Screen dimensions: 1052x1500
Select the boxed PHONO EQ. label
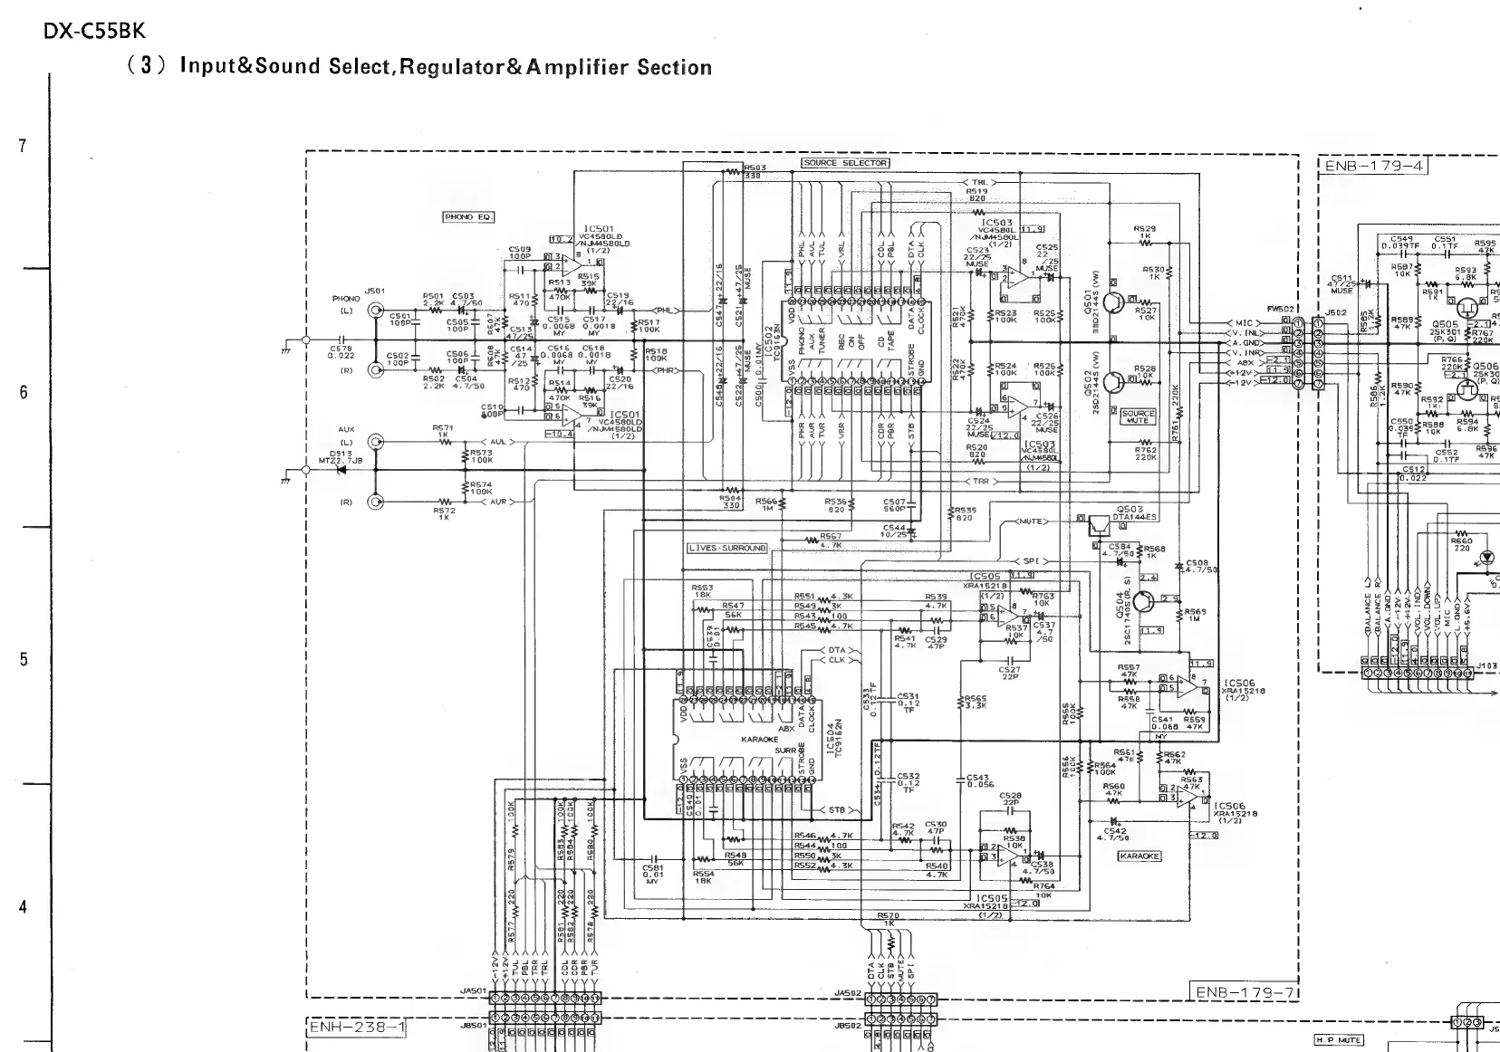tap(468, 217)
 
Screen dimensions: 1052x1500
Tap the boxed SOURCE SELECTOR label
tap(845, 163)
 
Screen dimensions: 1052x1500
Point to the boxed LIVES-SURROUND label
tap(727, 549)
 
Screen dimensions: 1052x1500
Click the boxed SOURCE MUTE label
tap(1139, 416)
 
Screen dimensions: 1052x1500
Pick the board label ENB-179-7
tap(1244, 992)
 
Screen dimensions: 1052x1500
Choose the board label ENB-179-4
tap(1371, 166)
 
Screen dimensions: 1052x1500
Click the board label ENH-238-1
tap(358, 1028)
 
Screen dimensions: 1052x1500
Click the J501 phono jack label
tap(374, 292)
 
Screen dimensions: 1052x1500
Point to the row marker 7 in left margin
tap(23, 145)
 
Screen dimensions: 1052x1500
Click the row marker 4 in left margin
tap(23, 907)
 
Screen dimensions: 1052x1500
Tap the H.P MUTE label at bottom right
tap(1339, 1040)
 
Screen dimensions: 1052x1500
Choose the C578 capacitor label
tap(341, 352)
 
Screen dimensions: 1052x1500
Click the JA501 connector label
tap(474, 991)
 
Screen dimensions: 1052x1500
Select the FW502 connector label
tap(1281, 310)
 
